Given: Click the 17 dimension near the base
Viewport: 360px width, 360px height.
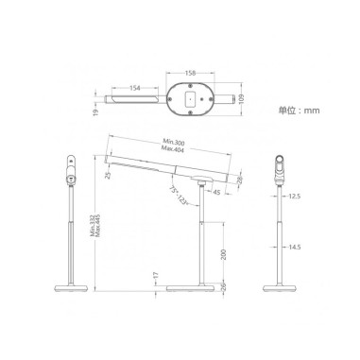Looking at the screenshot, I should click(154, 275).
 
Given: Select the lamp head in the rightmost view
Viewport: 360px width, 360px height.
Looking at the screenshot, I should click(280, 167).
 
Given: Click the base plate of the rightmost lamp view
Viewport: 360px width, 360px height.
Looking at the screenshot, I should click(280, 285).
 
